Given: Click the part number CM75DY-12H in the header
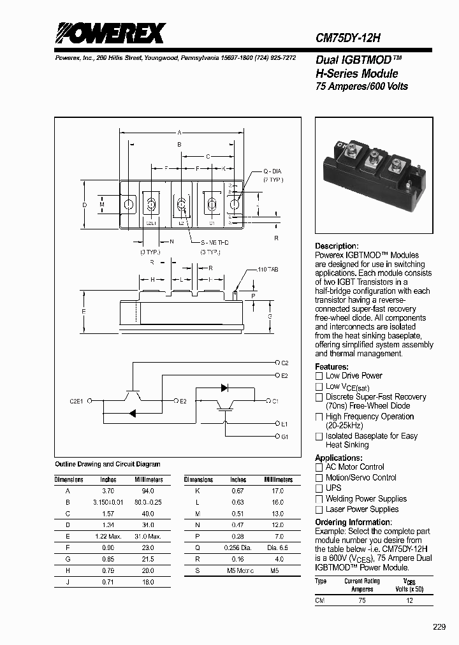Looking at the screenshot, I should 348,38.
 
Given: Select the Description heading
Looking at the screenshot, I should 337,246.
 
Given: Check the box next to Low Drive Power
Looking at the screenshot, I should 319,376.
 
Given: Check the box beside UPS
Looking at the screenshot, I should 319,488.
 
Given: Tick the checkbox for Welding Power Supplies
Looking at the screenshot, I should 319,499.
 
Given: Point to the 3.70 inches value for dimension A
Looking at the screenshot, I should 108,491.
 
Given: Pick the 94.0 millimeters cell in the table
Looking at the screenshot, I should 147,491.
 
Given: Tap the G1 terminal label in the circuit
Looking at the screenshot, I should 285,437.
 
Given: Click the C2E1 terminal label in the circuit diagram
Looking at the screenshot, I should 76,401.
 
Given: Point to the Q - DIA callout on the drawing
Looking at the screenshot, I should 272,171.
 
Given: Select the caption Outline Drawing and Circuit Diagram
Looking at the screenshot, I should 108,464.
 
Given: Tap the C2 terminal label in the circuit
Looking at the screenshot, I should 285,363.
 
